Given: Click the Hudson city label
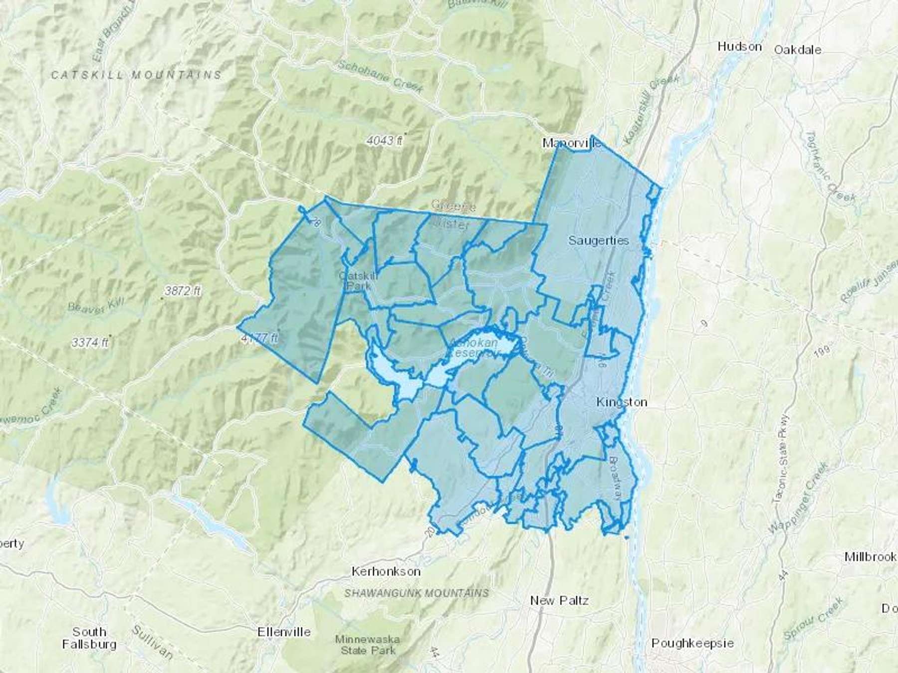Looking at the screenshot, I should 739,47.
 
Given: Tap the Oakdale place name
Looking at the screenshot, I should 797,50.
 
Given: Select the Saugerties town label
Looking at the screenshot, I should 598,240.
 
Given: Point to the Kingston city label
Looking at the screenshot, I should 622,402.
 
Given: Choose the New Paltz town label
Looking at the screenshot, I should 559,600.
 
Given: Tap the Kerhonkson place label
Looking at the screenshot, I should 386,571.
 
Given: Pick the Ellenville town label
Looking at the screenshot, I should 284,632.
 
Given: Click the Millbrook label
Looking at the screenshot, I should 870,557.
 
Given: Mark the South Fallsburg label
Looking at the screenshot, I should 89,638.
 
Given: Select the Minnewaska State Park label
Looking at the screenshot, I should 368,645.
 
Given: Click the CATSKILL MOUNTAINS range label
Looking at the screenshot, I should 136,75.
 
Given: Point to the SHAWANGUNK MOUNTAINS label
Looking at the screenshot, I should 417,593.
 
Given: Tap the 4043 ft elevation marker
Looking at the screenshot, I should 384,141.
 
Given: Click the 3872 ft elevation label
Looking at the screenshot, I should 182,291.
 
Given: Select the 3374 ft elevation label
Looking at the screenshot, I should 90,342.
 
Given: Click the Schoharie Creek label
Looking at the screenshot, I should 380,76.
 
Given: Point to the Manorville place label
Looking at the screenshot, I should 572,144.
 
